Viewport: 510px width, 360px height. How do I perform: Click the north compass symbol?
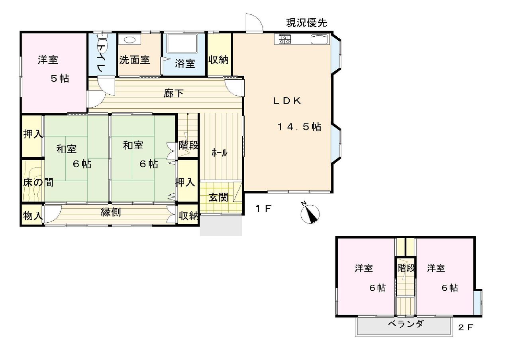(x=310, y=213)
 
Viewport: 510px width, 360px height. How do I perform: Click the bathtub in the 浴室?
(x=182, y=43)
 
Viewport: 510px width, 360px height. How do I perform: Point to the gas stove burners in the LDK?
(x=285, y=39)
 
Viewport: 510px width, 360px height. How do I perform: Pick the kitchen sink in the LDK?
(x=320, y=39)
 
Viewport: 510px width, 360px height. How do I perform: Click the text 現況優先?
(x=306, y=23)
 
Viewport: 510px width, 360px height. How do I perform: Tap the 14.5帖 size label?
(x=299, y=127)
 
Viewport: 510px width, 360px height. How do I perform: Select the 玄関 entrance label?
(x=218, y=197)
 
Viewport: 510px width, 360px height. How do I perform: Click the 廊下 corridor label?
(x=174, y=93)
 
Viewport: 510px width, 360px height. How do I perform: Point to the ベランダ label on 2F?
(x=406, y=324)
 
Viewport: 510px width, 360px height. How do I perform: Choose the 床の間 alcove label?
(x=38, y=182)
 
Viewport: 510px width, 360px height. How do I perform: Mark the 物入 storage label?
(x=33, y=215)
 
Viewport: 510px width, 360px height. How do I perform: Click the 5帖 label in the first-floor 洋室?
(x=60, y=79)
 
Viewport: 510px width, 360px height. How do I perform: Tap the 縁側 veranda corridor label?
(x=111, y=212)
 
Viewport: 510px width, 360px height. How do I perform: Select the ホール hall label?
(x=219, y=153)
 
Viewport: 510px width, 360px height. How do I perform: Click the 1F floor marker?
(x=264, y=208)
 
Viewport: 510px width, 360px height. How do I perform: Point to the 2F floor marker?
(x=466, y=327)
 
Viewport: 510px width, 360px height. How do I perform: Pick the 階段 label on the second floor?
(x=406, y=268)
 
